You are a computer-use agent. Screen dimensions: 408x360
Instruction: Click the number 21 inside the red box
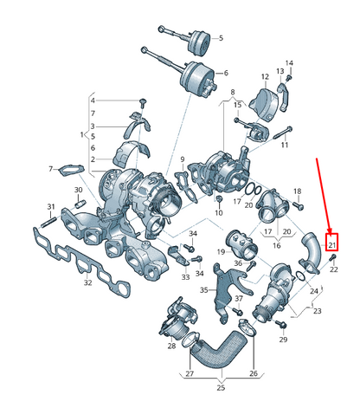pos(331,243)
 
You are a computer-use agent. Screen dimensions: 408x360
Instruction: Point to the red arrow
pos(323,195)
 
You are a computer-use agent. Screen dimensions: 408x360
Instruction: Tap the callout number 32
pos(87,283)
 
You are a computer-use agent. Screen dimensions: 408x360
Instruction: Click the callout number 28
pos(172,346)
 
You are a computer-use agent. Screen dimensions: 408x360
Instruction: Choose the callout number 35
pos(204,291)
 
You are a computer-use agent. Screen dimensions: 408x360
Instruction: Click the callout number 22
pos(334,269)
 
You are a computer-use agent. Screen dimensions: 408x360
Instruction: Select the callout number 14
pos(289,63)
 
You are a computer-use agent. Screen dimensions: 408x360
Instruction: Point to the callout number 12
pos(265,76)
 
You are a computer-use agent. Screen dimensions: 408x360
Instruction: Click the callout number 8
pos(232,91)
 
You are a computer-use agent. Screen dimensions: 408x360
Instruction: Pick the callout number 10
pos(219,213)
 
